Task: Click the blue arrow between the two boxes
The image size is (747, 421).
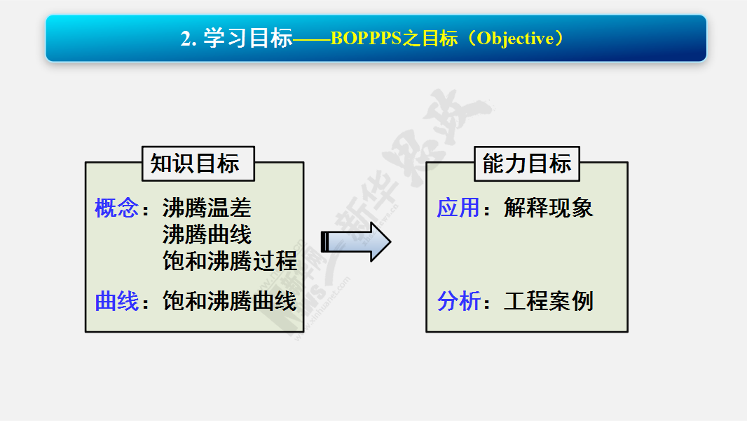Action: point(356,242)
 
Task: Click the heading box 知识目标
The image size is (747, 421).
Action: point(198,163)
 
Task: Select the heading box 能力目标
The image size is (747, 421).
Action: point(527,163)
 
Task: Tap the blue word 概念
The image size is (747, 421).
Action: point(117,208)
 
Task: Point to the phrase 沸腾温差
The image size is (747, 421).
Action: point(207,208)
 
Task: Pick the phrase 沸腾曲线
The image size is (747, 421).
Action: point(207,234)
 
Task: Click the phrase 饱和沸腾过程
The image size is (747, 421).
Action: point(230,261)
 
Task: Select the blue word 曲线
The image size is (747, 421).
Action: point(117,301)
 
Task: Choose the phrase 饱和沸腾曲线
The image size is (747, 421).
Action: point(230,301)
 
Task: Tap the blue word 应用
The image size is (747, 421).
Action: point(458,208)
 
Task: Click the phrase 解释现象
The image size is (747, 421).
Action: point(549,208)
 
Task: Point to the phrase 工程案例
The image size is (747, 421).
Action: point(549,301)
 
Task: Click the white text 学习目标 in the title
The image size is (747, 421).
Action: point(248,38)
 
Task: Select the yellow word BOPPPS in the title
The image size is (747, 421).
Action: point(366,39)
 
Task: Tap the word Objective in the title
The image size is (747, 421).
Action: point(516,39)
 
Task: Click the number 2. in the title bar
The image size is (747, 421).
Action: point(189,39)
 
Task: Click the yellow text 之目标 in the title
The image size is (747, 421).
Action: point(430,39)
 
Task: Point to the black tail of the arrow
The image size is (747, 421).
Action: point(325,242)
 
